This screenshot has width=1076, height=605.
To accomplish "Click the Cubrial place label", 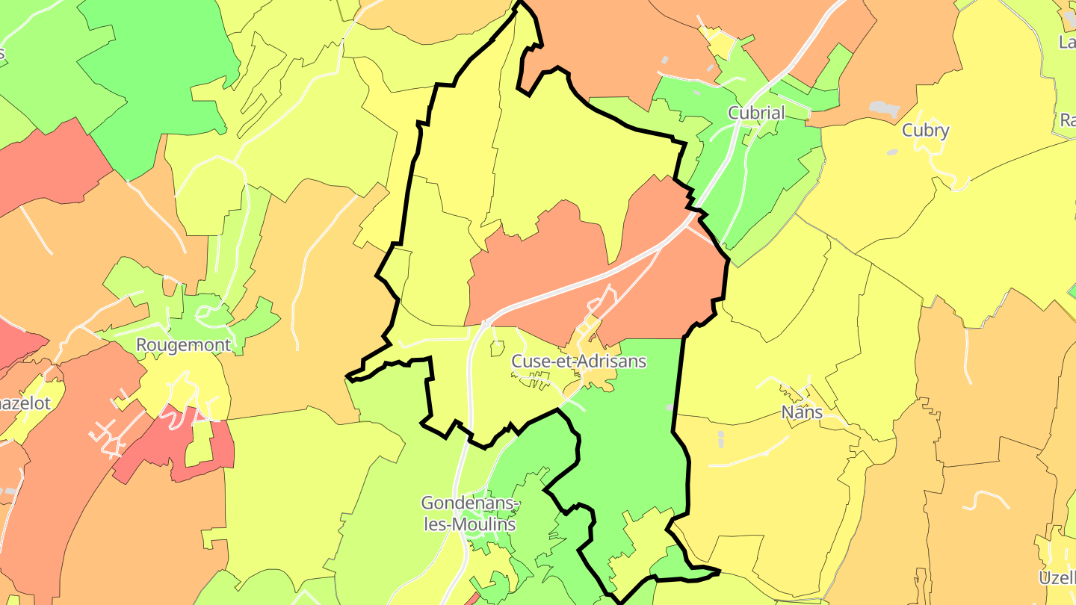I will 756,114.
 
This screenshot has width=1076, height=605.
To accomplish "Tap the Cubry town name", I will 925,131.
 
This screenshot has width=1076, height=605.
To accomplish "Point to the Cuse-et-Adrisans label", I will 578,362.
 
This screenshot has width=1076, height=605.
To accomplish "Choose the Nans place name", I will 801,412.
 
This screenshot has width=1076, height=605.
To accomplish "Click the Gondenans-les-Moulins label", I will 470,513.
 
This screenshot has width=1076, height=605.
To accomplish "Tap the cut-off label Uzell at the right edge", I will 1057,577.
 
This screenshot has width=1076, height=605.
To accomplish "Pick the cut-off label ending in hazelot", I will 25,403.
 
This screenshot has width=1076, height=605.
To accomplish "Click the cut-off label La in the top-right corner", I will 1067,42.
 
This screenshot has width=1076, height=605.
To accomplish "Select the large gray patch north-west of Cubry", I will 885,109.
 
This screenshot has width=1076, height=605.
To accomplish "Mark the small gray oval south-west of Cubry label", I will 892,152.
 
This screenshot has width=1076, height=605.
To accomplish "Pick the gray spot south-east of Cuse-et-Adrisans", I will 669,407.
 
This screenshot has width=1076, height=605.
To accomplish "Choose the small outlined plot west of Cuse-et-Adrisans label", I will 496,347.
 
